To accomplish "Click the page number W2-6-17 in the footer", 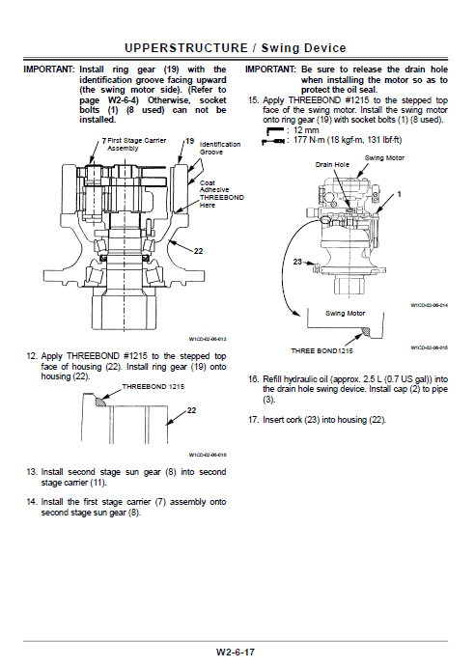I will click(x=237, y=653).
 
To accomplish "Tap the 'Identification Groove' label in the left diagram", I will click(x=214, y=148).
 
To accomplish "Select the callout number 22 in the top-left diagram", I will click(x=198, y=251).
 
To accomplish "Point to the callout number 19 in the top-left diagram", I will click(x=189, y=141).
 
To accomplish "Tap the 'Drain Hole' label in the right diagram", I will click(x=330, y=164).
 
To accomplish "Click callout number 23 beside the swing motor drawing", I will click(x=297, y=261).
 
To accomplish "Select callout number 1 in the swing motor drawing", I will click(x=398, y=194).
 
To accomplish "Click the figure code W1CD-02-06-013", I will click(x=207, y=339).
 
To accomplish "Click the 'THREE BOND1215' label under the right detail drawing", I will click(x=325, y=350).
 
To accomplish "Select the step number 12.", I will click(x=31, y=356).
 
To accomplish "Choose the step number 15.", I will click(x=253, y=100).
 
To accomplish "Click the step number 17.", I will click(x=253, y=420).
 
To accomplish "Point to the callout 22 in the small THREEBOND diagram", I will click(x=191, y=410).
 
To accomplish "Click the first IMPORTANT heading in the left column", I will click(x=48, y=70).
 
